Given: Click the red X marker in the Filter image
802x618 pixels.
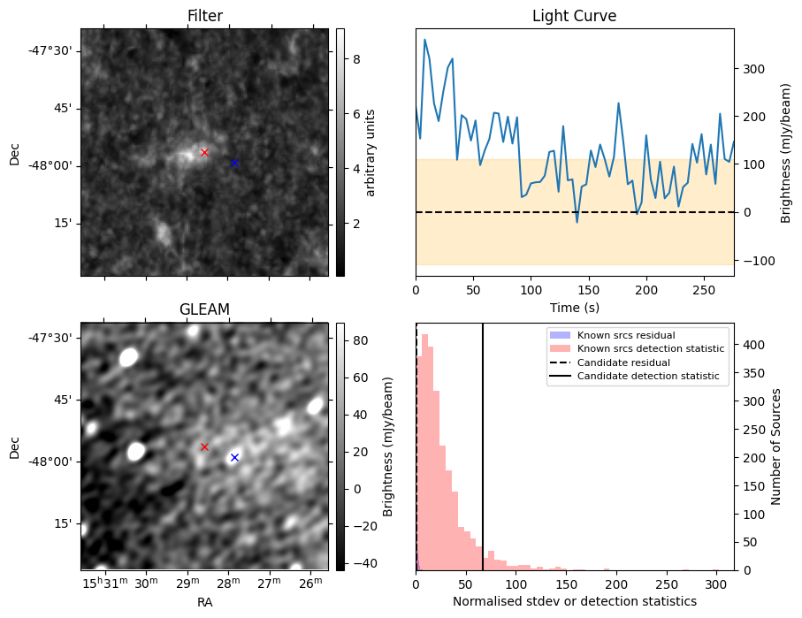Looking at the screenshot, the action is [x=204, y=152].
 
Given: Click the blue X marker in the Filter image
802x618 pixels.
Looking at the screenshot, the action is [x=235, y=164].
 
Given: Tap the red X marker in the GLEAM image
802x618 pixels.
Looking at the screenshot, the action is [x=204, y=447].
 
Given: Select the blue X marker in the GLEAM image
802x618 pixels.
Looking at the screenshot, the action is [x=235, y=457].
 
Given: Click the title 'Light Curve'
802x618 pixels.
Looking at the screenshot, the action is [x=575, y=16].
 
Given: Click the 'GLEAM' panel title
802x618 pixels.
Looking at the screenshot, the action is [x=204, y=309].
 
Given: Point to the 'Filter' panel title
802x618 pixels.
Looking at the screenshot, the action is [x=204, y=16].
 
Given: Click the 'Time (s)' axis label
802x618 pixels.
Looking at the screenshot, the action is [x=575, y=308].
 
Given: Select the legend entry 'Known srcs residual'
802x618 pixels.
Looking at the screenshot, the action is [x=626, y=335].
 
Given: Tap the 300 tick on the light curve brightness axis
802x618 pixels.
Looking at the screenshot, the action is [x=754, y=69].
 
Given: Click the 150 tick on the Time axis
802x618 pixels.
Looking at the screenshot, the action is [x=589, y=290].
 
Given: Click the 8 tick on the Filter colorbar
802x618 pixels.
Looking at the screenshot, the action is [x=356, y=59].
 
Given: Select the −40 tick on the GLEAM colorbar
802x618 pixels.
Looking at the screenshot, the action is [x=365, y=564].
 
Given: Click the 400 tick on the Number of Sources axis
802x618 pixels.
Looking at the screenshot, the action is [x=754, y=346].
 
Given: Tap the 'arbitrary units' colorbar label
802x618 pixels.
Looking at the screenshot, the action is [x=370, y=153].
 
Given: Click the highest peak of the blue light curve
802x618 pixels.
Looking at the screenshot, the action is [x=424, y=40].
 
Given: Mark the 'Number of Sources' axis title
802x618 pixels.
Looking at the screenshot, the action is [x=775, y=446].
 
